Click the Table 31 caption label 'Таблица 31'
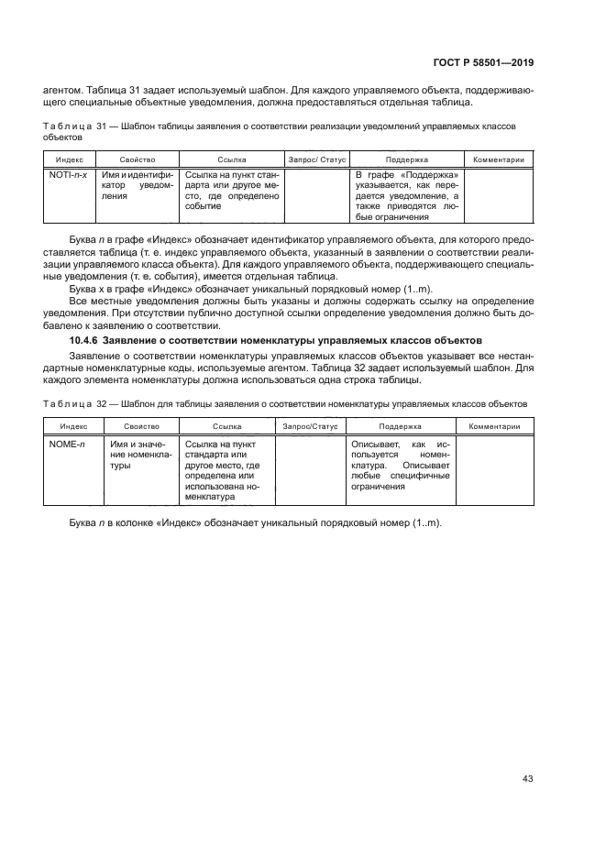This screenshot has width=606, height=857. point(69,126)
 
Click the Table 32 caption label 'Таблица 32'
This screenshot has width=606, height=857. point(69,402)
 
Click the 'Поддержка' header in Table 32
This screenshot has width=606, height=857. point(399,427)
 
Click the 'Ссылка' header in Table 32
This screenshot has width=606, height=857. point(226,427)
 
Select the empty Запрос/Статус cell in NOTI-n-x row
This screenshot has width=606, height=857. point(317,195)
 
